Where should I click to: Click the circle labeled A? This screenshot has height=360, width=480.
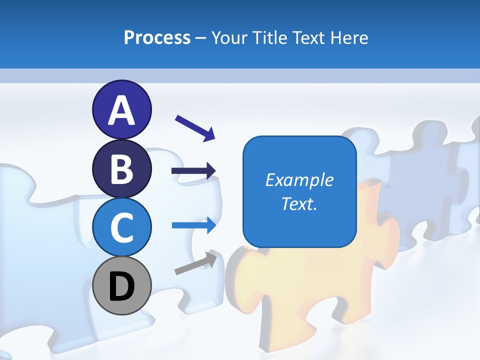[x=121, y=110]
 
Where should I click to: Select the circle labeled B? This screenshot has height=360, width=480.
[x=121, y=169]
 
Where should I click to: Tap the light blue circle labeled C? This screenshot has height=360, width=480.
[x=121, y=227]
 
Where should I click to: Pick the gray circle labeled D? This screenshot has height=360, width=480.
[x=121, y=286]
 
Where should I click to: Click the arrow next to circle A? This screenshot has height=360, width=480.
[x=195, y=127]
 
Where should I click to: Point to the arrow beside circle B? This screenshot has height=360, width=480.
[x=193, y=171]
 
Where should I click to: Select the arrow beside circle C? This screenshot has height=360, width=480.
[x=193, y=225]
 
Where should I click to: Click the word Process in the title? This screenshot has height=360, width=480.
[x=157, y=38]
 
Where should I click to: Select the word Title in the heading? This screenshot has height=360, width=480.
[x=269, y=38]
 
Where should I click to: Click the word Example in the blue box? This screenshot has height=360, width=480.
[x=299, y=180]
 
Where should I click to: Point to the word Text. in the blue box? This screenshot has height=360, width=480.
[x=299, y=203]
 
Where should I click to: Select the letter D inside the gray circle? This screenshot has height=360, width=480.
[x=121, y=286]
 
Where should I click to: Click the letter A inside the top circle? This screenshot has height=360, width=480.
[x=121, y=110]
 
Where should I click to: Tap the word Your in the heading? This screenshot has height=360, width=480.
[x=229, y=38]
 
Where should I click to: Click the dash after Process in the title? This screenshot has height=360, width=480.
[x=201, y=38]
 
